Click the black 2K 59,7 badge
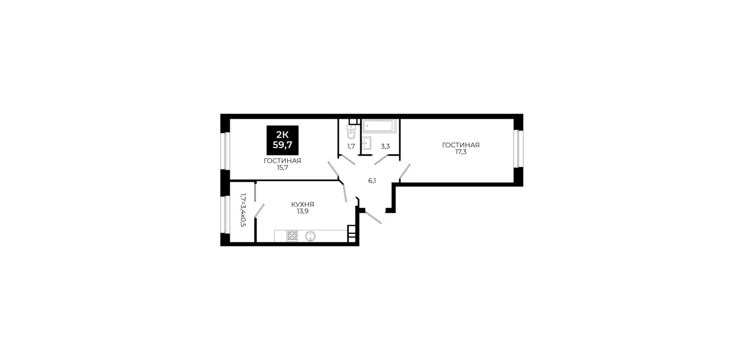tap(282, 140)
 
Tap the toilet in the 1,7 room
tap(351, 131)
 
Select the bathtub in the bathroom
tap(379, 126)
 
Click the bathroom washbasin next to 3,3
tap(367, 143)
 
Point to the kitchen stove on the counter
tap(292, 235)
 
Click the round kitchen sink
tap(310, 236)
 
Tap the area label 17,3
tap(461, 152)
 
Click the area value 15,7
tap(282, 167)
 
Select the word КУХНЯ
tap(303, 205)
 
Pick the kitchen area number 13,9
tap(303, 211)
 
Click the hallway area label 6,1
tap(372, 181)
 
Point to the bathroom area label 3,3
tap(385, 146)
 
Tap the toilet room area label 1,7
tap(351, 146)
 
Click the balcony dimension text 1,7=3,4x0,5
tap(243, 210)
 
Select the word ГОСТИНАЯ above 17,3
tap(461, 145)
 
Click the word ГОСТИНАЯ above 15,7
tap(282, 161)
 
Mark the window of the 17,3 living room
tap(516, 149)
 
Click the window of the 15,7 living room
tap(227, 151)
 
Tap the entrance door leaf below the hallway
tap(374, 217)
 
